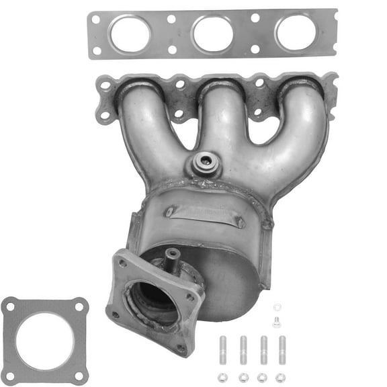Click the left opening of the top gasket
pyautogui.click(x=130, y=34)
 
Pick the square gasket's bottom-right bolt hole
pyautogui.click(x=80, y=373)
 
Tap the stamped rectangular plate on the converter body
pyautogui.click(x=204, y=214)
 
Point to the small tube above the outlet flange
pyautogui.click(x=173, y=259)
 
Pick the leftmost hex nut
pyautogui.click(x=222, y=377)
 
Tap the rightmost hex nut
pyautogui.click(x=282, y=377)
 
